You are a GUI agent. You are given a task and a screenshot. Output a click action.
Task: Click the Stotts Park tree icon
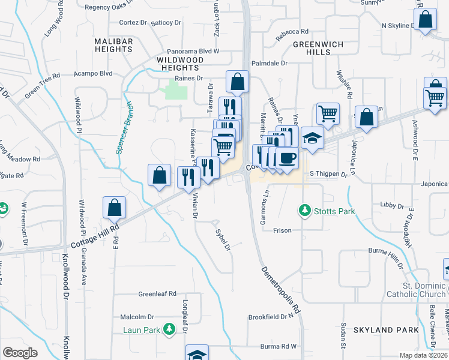pos(305,211)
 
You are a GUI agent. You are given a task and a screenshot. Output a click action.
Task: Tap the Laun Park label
pos(142,329)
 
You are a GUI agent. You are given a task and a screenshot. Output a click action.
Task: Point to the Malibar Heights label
pos(113,45)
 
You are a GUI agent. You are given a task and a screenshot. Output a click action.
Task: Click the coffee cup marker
pos(287,158)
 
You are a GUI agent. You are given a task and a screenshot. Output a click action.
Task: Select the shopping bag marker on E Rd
pos(114,208)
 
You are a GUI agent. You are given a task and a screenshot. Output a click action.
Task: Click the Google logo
pos(20,352)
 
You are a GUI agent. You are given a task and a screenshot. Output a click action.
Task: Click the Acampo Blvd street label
pos(93,73)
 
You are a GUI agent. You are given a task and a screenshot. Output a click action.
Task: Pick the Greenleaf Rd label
pos(157,294)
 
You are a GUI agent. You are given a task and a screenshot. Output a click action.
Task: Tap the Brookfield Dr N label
pos(273,316)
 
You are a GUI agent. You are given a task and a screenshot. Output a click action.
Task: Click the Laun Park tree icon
pos(169,329)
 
